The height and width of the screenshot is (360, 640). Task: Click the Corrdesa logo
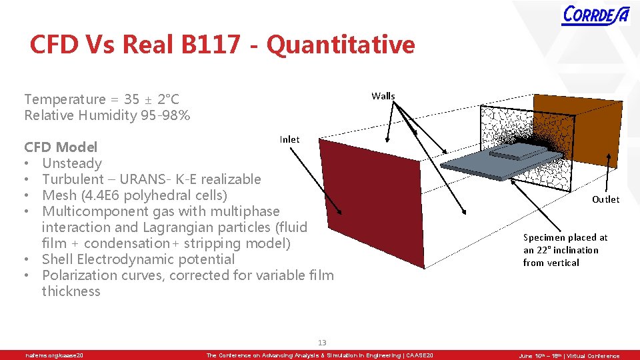tap(595, 15)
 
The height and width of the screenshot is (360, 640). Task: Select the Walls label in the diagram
tap(383, 96)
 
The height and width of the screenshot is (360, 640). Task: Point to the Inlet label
tap(289, 139)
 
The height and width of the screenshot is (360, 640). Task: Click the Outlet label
tap(605, 199)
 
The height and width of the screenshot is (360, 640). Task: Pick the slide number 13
tap(322, 343)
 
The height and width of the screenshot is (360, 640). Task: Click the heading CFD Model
tap(61, 147)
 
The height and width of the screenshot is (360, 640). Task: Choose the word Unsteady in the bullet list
tap(72, 163)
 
